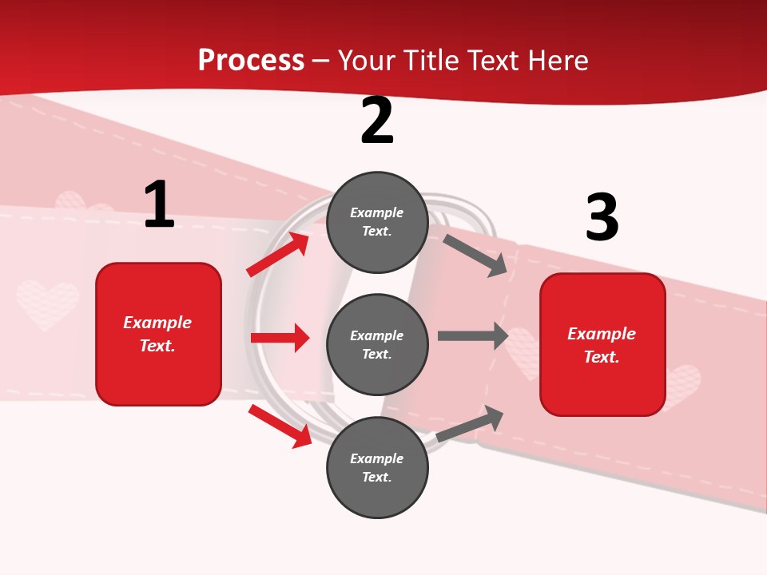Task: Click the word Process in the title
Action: [x=251, y=60]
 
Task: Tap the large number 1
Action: [x=159, y=205]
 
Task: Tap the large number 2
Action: [x=377, y=121]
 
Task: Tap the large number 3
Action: [x=602, y=218]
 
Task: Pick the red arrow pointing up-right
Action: [x=278, y=254]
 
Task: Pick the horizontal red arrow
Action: [x=280, y=338]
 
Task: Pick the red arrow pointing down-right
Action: [x=280, y=426]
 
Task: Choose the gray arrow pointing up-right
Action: [x=470, y=424]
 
